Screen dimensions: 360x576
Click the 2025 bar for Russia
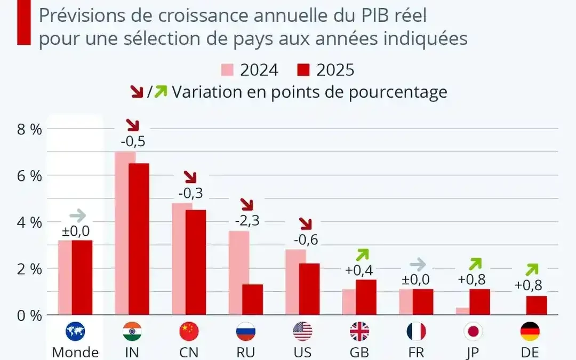point(252,299)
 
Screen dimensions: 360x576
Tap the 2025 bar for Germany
point(536,305)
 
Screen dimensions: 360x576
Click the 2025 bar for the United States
point(309,289)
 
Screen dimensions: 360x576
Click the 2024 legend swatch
point(228,70)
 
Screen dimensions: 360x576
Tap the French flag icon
point(416,332)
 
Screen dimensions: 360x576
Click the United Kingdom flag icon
point(359,332)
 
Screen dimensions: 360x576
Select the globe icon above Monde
point(75,332)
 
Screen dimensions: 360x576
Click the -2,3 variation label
point(247,220)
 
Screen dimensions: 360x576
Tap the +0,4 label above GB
point(359,270)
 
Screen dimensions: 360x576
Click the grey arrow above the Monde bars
point(77,216)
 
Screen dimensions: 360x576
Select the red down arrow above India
point(132,125)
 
